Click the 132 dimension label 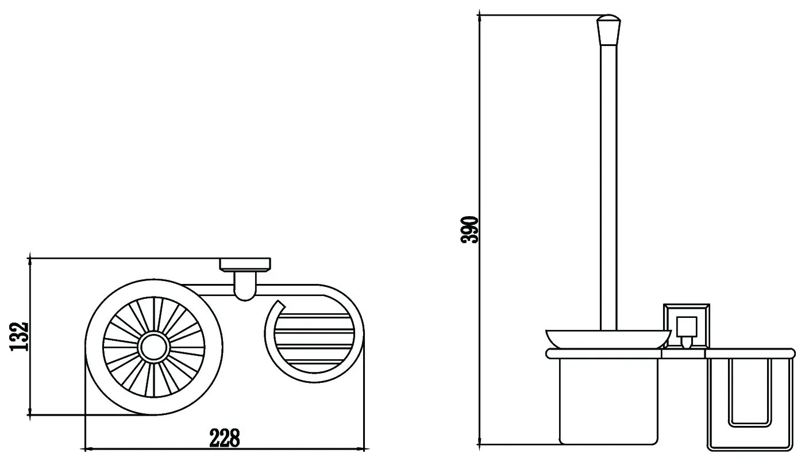[x=19, y=337]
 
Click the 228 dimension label [x=224, y=437]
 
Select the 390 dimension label [x=469, y=230]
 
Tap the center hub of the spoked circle [x=154, y=347]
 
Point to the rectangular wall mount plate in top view [x=245, y=264]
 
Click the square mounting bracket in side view [x=687, y=326]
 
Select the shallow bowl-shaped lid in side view [x=608, y=339]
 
